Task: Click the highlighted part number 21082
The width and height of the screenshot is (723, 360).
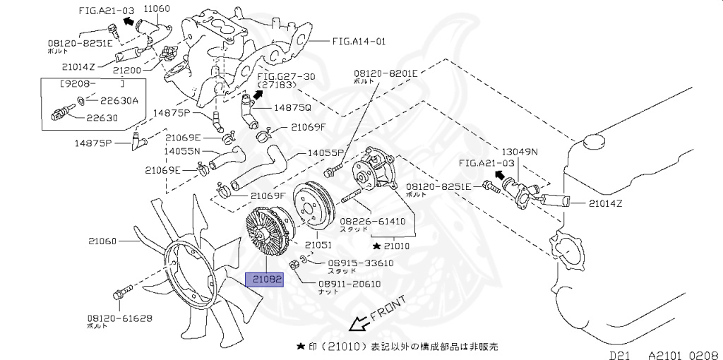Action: (265, 280)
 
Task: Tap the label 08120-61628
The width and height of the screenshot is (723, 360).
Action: (120, 318)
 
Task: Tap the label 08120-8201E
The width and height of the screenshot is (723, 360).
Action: (386, 73)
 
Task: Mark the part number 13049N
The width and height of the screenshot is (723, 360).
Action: (520, 151)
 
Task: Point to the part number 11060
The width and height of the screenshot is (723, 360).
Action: (157, 9)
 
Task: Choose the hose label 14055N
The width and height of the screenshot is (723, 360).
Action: (182, 151)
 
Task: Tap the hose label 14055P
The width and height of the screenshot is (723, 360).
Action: (325, 152)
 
